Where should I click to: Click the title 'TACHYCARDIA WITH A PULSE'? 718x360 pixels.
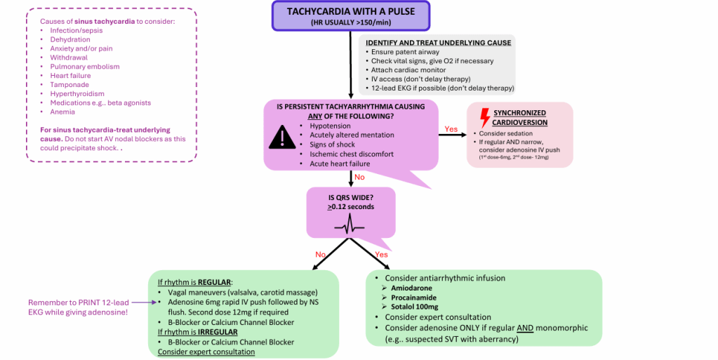point(351,11)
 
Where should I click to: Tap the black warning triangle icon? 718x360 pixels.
point(283,137)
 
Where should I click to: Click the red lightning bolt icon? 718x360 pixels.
point(484,118)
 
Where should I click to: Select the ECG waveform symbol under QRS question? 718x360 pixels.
point(350,225)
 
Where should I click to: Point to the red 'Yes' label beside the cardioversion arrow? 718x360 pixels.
point(451,129)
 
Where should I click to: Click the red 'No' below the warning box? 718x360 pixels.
point(359,178)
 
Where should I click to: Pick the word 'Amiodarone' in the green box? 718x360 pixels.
point(411,288)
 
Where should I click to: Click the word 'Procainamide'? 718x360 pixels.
point(413,298)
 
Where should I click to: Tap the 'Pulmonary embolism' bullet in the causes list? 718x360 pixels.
point(85,67)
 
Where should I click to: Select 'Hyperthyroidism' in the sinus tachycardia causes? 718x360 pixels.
point(77,94)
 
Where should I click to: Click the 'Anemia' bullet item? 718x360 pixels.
point(62,112)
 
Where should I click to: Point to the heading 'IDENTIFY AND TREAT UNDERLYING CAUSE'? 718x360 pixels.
point(438,43)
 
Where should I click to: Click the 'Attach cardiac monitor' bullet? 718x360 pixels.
point(408,69)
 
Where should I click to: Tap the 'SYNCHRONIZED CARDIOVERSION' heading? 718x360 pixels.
point(520,118)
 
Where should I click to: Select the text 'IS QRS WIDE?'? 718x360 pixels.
point(351,198)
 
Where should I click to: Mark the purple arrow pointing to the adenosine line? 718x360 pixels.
point(144,302)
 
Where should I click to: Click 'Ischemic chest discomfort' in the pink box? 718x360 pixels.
point(352,154)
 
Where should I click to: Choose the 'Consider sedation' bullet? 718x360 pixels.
point(506,134)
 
